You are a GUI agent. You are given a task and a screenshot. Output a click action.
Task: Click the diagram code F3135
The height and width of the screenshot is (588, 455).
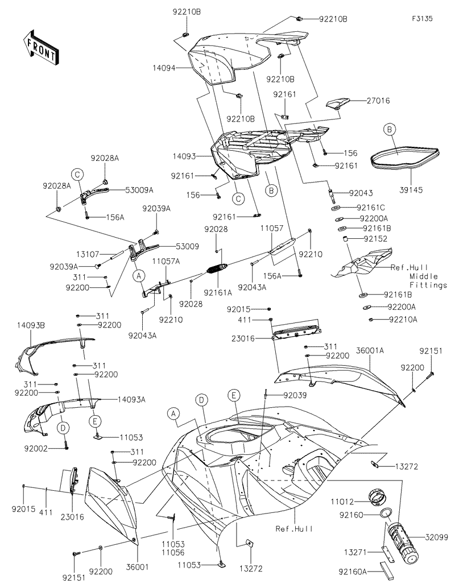pyautogui.click(x=423, y=19)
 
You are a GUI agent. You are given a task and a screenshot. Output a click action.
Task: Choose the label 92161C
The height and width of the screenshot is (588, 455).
pyautogui.click(x=370, y=208)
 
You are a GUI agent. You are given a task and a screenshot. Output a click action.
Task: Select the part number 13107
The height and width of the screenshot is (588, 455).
pyautogui.click(x=89, y=255)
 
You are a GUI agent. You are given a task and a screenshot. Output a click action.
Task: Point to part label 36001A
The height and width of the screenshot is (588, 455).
pyautogui.click(x=370, y=351)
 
